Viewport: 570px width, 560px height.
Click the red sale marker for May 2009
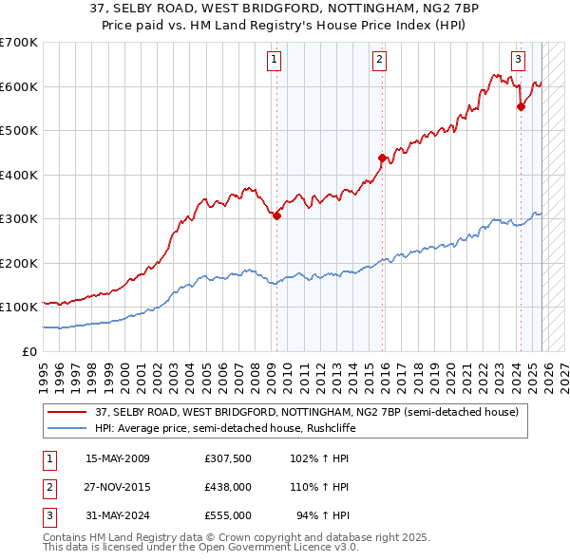[276, 215]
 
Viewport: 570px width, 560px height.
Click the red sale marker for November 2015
[382, 159]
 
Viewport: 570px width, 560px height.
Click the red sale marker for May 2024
[521, 107]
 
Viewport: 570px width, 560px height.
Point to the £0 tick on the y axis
[30, 351]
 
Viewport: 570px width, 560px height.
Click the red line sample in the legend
[67, 412]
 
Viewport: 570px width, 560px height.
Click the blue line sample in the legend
[67, 428]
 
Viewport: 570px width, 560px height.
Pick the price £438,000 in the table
[227, 487]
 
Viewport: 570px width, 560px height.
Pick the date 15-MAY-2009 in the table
[118, 459]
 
